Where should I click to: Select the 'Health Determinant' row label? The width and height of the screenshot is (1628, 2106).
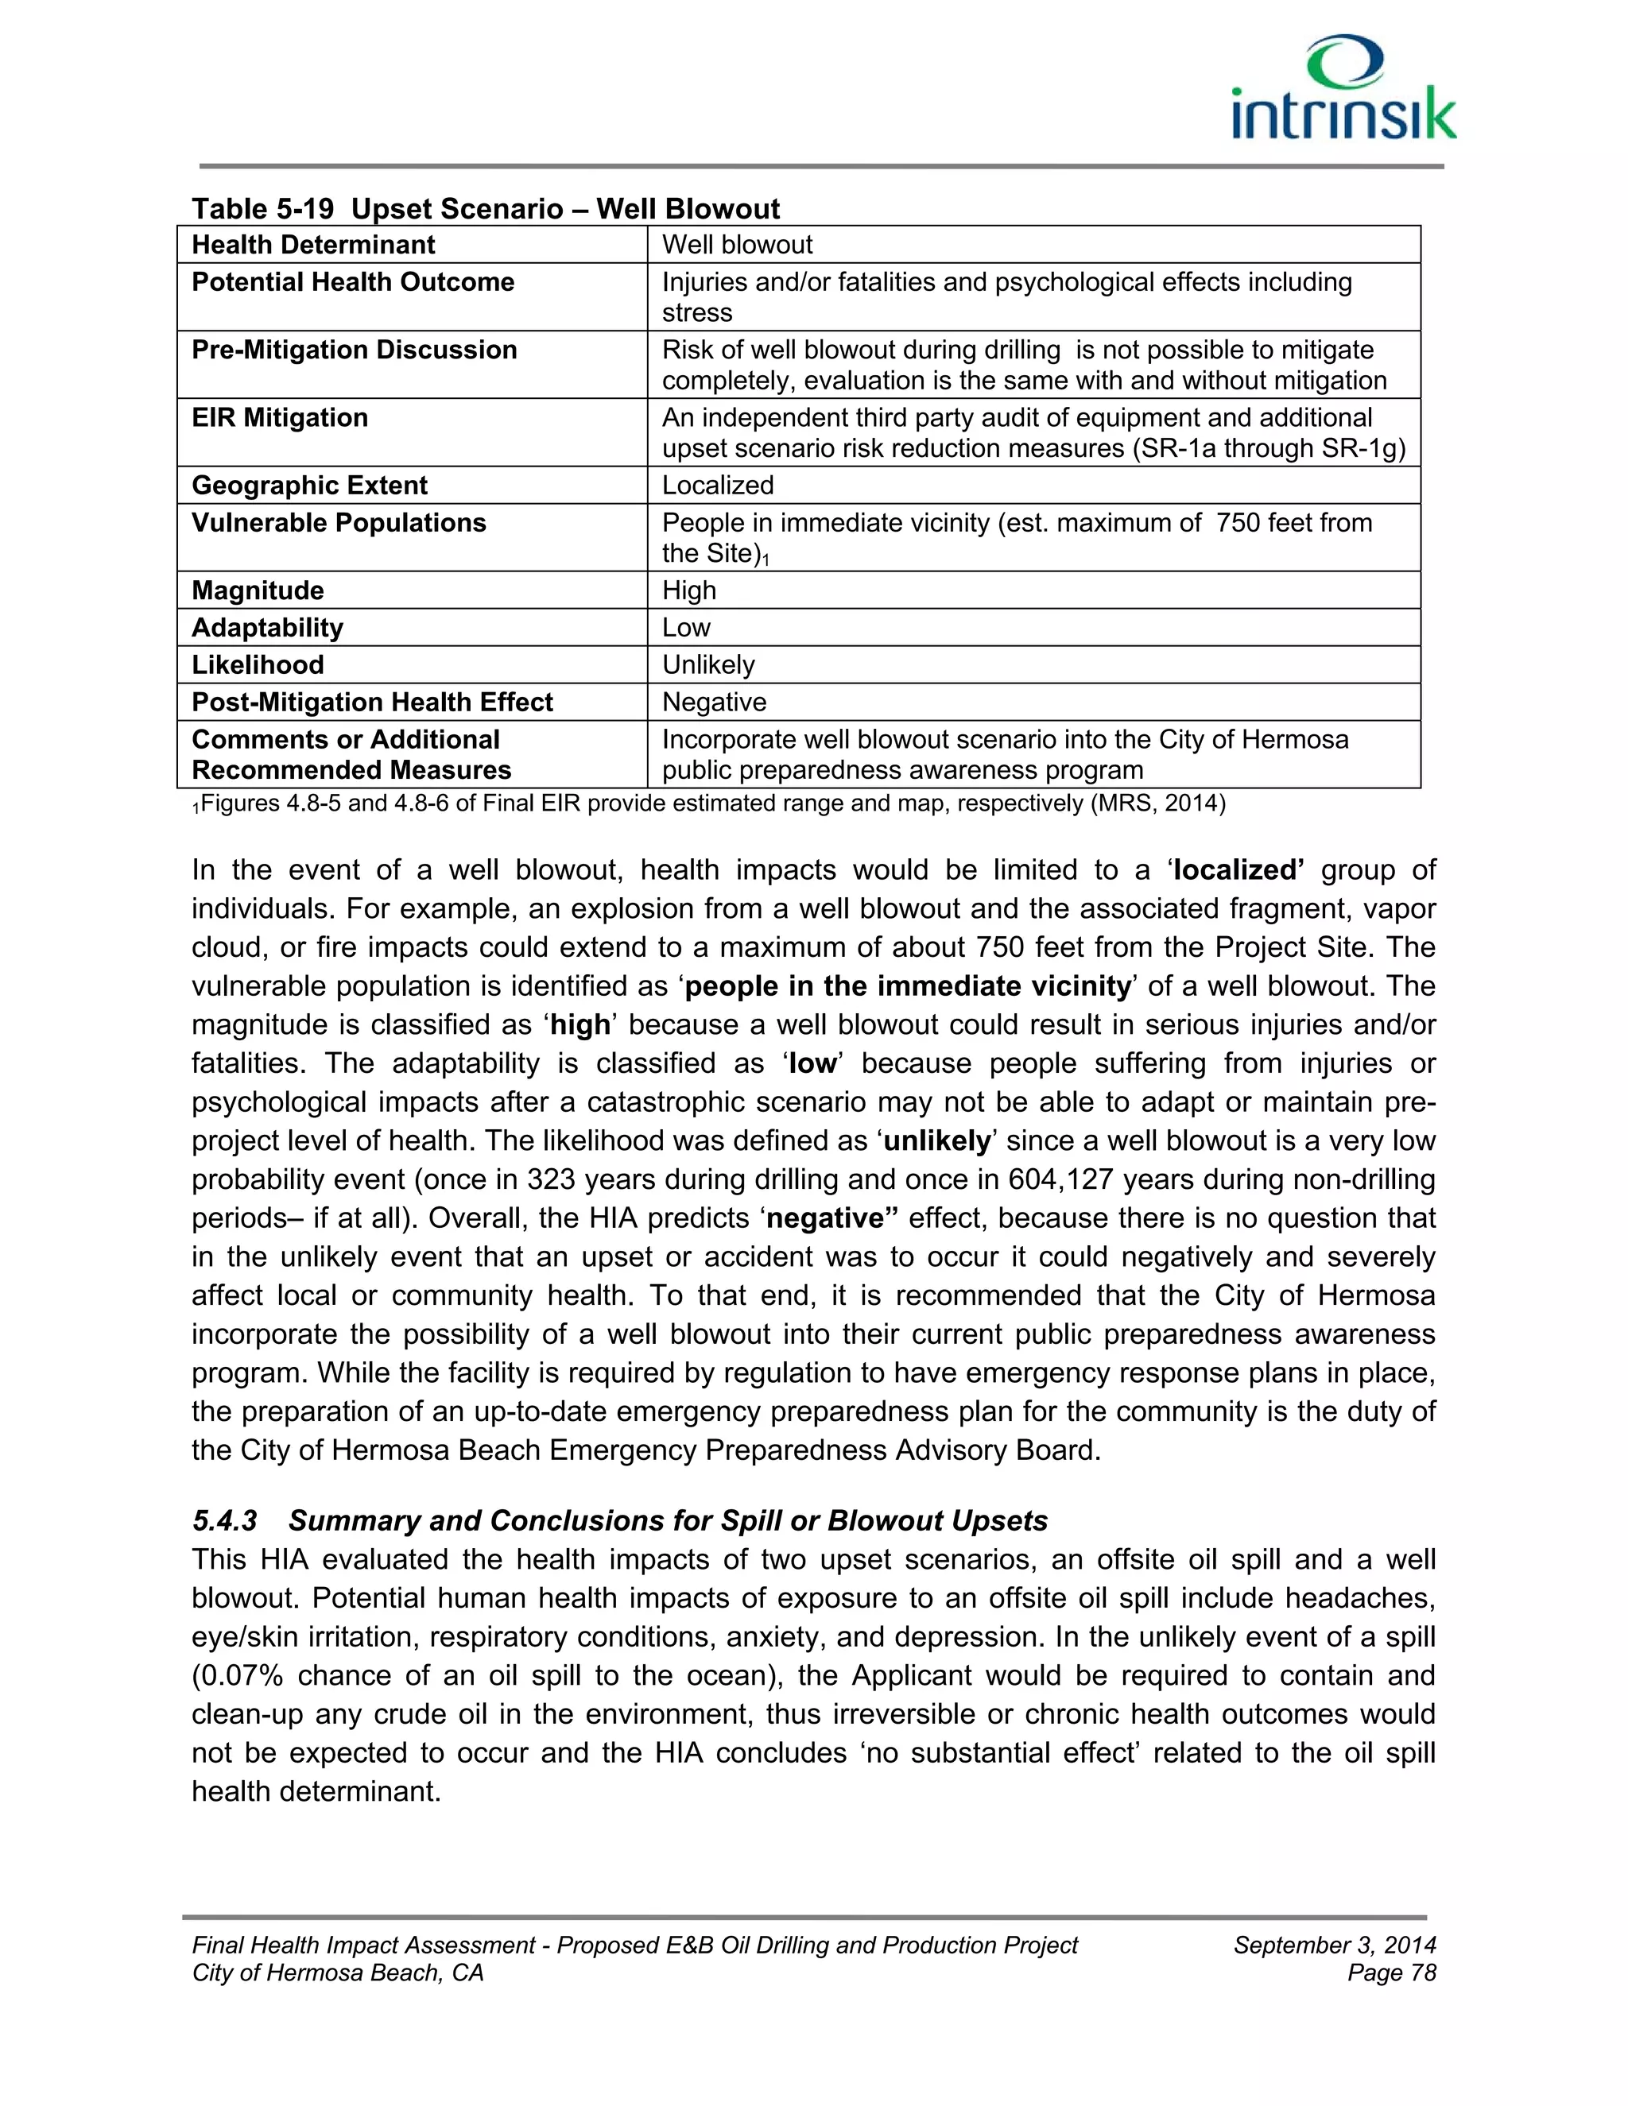click(x=313, y=245)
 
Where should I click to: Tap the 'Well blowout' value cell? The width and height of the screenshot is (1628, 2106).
click(x=737, y=245)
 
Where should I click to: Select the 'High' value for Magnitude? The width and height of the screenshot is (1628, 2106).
click(x=688, y=590)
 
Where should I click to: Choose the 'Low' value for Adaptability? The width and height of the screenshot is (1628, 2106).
click(x=686, y=628)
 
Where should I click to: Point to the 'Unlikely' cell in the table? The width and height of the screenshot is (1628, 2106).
click(x=708, y=664)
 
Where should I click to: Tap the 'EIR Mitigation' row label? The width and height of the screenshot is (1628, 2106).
click(x=280, y=417)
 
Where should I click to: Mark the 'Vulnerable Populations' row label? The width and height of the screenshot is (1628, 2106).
click(x=339, y=523)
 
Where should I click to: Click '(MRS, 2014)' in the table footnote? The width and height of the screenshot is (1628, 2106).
click(x=1157, y=803)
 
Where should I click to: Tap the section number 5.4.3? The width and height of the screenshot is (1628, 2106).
click(x=225, y=1520)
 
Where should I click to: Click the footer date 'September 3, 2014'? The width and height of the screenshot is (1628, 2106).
click(x=1334, y=1945)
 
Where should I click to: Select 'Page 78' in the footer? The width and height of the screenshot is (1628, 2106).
click(x=1391, y=1973)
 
